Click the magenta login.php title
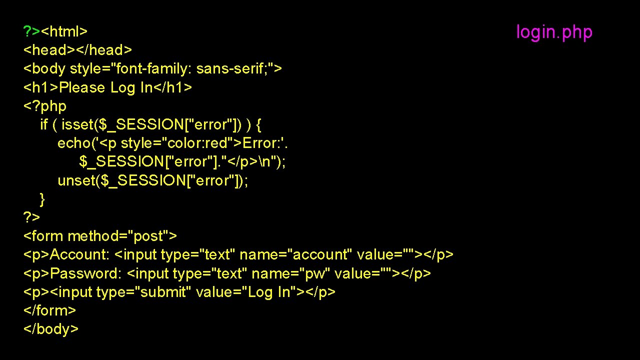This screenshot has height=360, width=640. tap(554, 32)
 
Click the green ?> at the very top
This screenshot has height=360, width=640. tap(32, 32)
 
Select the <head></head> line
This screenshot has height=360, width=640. tap(78, 50)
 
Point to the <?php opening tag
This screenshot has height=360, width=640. tap(45, 106)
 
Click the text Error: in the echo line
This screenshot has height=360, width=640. tap(262, 143)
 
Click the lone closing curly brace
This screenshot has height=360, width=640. tap(42, 199)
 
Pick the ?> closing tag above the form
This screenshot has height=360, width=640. tap(32, 218)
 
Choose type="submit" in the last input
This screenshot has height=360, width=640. tap(143, 292)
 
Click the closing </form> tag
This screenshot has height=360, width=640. tap(50, 311)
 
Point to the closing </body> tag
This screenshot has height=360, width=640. tap(51, 329)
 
